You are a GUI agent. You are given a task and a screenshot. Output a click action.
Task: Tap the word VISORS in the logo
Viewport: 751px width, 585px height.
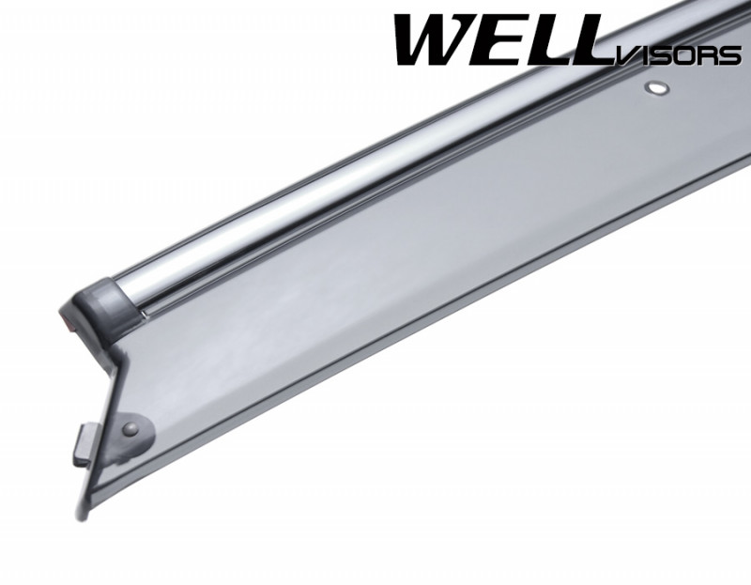point(677,55)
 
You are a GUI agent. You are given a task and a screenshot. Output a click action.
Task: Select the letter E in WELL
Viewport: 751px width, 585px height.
point(507,40)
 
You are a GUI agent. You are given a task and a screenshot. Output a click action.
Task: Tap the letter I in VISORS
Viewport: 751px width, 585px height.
point(640,56)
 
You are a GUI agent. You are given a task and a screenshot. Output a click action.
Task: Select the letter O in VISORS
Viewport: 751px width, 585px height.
point(681,56)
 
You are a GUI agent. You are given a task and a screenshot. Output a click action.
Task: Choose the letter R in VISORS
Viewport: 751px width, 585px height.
point(706,56)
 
